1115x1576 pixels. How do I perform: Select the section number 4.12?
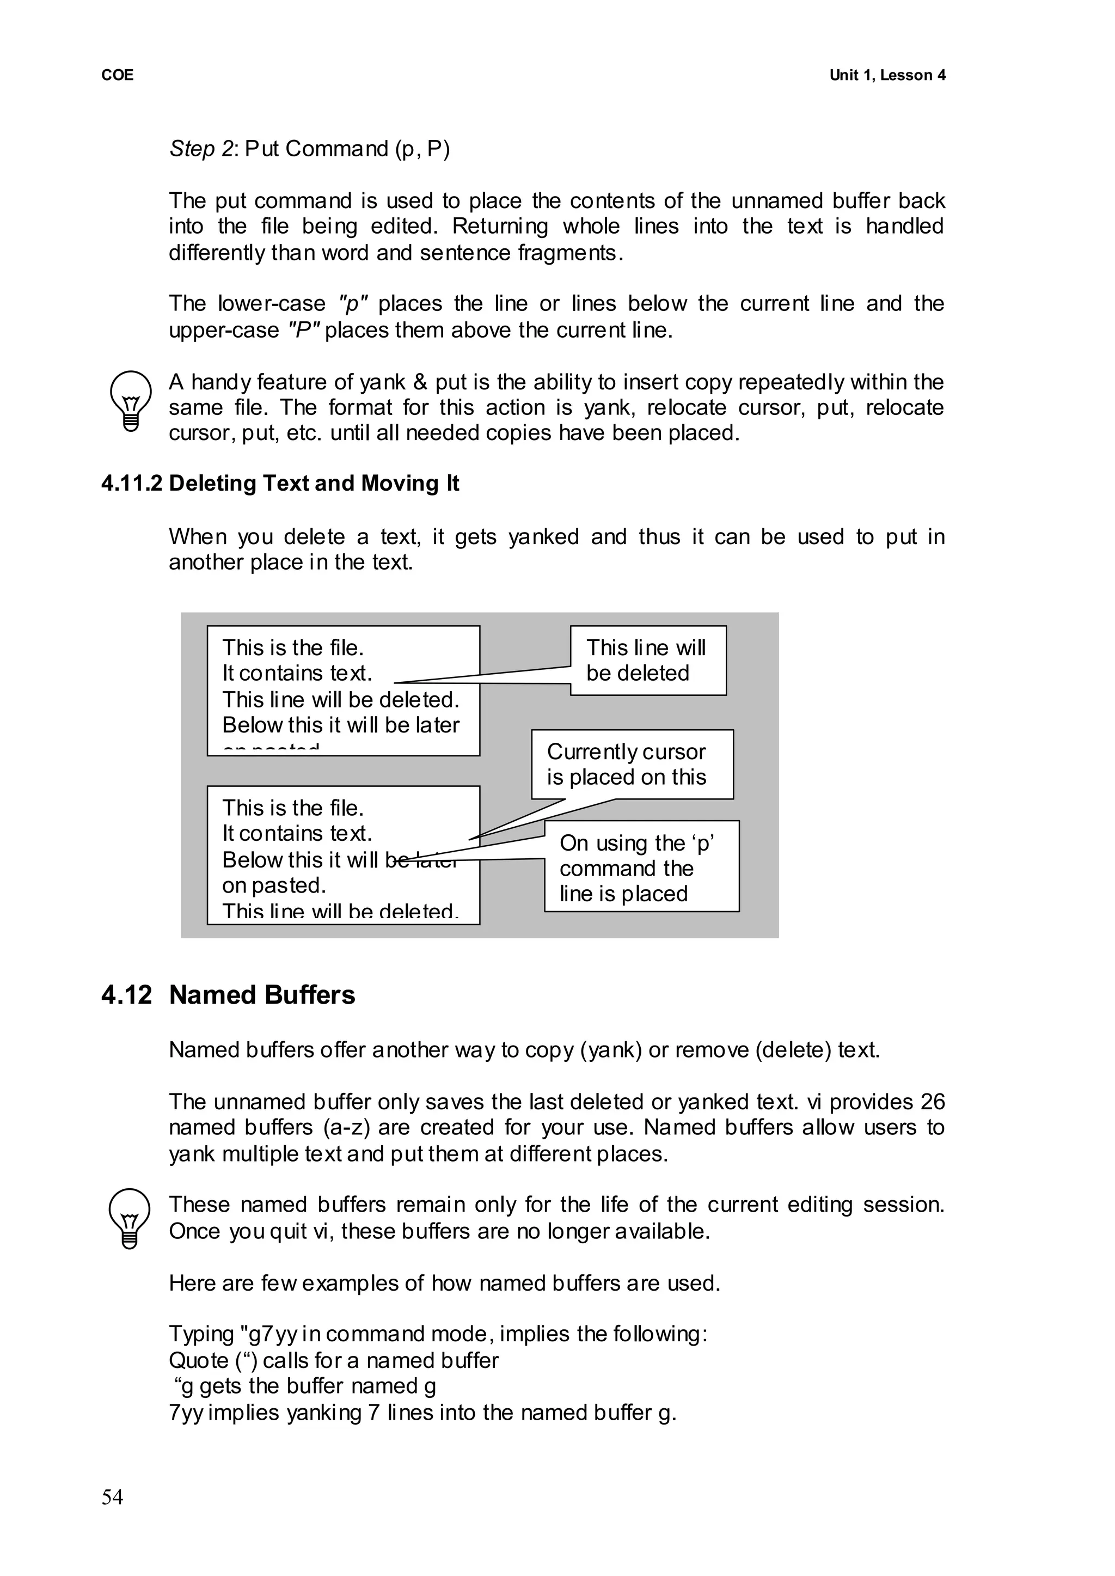(x=126, y=995)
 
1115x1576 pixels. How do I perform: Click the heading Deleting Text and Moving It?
(x=314, y=484)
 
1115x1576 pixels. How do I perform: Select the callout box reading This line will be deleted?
(x=647, y=660)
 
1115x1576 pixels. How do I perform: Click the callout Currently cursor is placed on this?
(x=632, y=764)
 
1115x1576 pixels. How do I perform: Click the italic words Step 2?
(x=203, y=148)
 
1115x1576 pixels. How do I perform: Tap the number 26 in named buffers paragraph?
(x=933, y=1102)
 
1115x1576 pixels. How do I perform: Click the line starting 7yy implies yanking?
(x=422, y=1413)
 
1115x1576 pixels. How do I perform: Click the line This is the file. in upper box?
(x=292, y=647)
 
